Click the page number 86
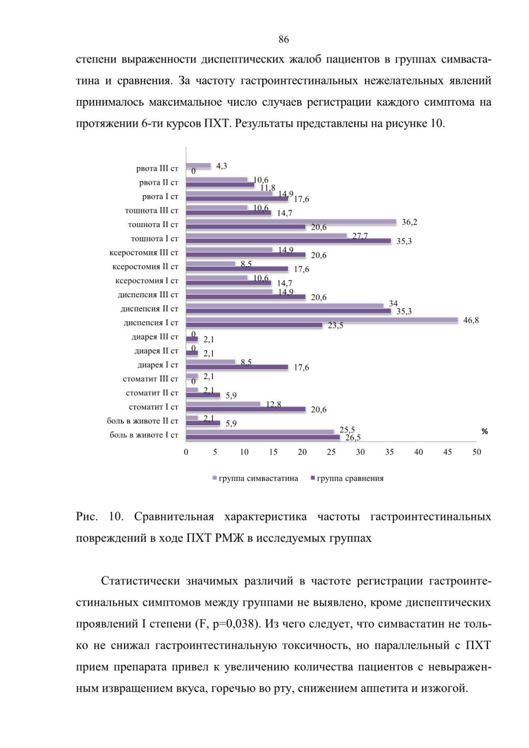tap(284, 40)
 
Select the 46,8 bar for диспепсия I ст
tap(322, 320)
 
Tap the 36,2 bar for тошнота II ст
tap(291, 222)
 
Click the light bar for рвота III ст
tap(198, 166)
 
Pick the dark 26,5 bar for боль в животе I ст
tap(263, 437)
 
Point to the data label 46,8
tap(471, 320)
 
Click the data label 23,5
tap(335, 325)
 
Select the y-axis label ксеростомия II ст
tap(145, 266)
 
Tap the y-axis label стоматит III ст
tap(150, 379)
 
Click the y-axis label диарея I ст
tap(158, 365)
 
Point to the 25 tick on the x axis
tap(331, 452)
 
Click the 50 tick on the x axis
tap(477, 452)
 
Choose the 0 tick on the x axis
tap(186, 452)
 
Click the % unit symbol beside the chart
tap(485, 431)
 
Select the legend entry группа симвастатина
tap(256, 478)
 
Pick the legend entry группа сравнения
tap(347, 478)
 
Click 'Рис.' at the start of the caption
tap(87, 516)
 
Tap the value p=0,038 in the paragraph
tap(230, 624)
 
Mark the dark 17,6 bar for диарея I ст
tap(237, 367)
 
